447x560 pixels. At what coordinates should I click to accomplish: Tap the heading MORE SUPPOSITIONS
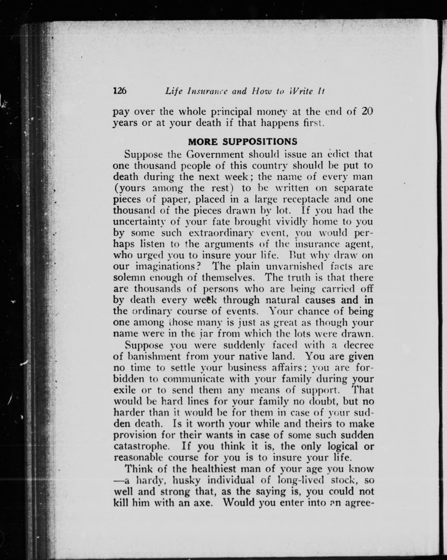click(x=243, y=142)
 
